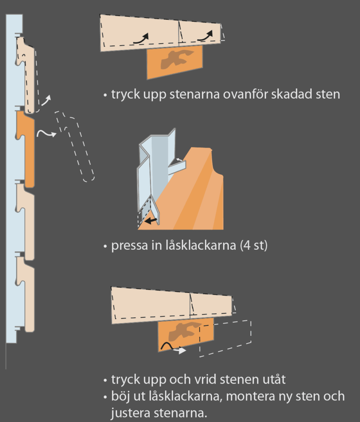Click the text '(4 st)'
254,245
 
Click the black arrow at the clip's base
151,221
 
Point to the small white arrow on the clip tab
179,160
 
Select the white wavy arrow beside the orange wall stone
46,133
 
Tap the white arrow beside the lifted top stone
46,101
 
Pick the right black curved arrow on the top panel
205,36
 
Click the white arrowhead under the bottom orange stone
183,350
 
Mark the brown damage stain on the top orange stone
176,59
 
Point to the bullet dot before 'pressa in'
105,246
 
